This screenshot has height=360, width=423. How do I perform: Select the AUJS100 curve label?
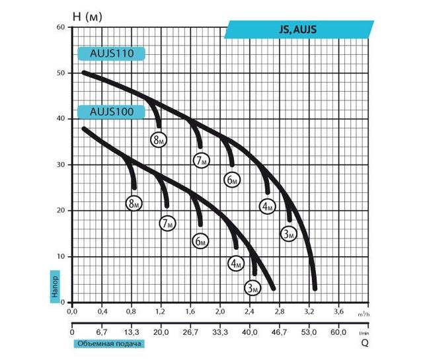pos(110,112)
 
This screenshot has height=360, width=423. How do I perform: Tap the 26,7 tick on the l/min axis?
pos(190,332)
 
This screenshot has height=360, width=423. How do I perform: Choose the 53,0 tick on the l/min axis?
pos(309,332)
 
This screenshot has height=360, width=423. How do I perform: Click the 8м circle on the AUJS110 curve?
pos(157,139)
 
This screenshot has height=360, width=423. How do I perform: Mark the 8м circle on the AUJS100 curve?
pos(134,203)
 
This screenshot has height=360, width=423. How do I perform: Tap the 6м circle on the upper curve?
pos(231,180)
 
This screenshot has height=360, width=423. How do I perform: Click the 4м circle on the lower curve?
pos(236,264)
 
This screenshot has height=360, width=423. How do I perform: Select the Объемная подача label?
pos(110,344)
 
